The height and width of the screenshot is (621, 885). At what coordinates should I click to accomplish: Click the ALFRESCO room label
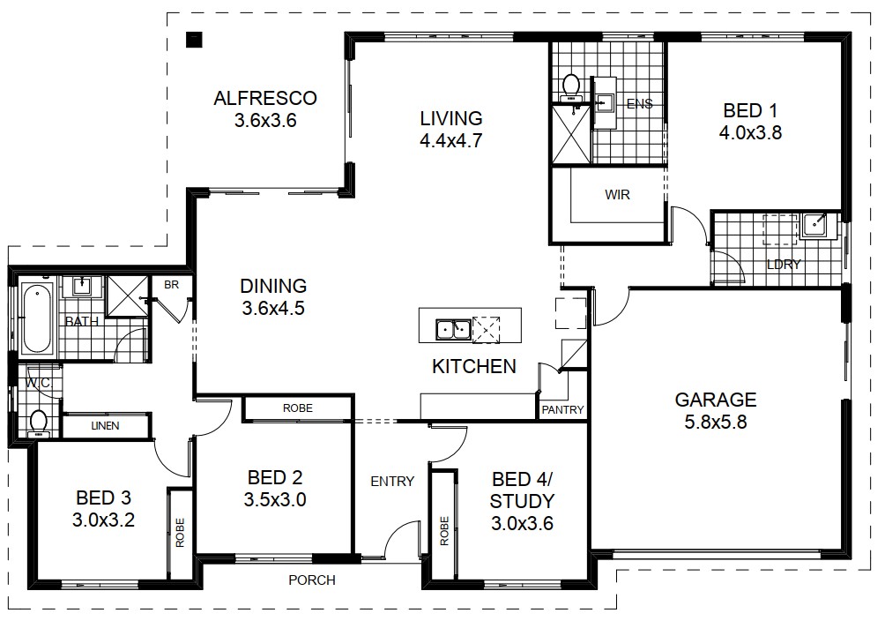[x=264, y=98]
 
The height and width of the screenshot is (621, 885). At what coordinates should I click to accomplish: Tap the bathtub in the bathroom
[x=37, y=318]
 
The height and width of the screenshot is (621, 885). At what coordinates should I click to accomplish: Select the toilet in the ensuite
[x=571, y=88]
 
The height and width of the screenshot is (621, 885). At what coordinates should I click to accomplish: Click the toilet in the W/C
[x=39, y=423]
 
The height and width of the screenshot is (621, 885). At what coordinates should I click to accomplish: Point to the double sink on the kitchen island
[x=453, y=329]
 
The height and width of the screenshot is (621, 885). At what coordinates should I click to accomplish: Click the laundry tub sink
[x=814, y=226]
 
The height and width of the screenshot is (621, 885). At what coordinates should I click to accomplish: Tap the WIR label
[x=617, y=195]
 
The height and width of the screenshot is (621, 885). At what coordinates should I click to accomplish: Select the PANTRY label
[x=562, y=409]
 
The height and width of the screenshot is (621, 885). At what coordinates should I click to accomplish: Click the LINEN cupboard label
[x=105, y=425]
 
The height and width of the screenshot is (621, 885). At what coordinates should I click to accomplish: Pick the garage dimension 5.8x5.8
[x=715, y=423]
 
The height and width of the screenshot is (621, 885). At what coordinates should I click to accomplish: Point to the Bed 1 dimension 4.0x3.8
[x=750, y=133]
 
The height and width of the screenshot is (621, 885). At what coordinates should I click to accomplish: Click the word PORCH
[x=311, y=580]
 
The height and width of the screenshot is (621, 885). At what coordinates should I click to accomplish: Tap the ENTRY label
[x=392, y=482]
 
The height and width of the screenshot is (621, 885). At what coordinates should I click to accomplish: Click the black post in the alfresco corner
[x=194, y=40]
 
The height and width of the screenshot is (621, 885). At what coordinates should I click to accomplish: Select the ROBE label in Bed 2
[x=297, y=408]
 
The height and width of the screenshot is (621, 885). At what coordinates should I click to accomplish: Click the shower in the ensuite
[x=570, y=134]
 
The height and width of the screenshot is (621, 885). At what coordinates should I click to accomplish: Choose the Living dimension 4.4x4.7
[x=451, y=140]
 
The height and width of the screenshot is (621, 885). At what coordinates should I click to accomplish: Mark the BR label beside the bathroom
[x=172, y=285]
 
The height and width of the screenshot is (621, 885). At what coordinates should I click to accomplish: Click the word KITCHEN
[x=474, y=367]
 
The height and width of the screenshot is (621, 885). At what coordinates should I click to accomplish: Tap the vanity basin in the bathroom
[x=82, y=286]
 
